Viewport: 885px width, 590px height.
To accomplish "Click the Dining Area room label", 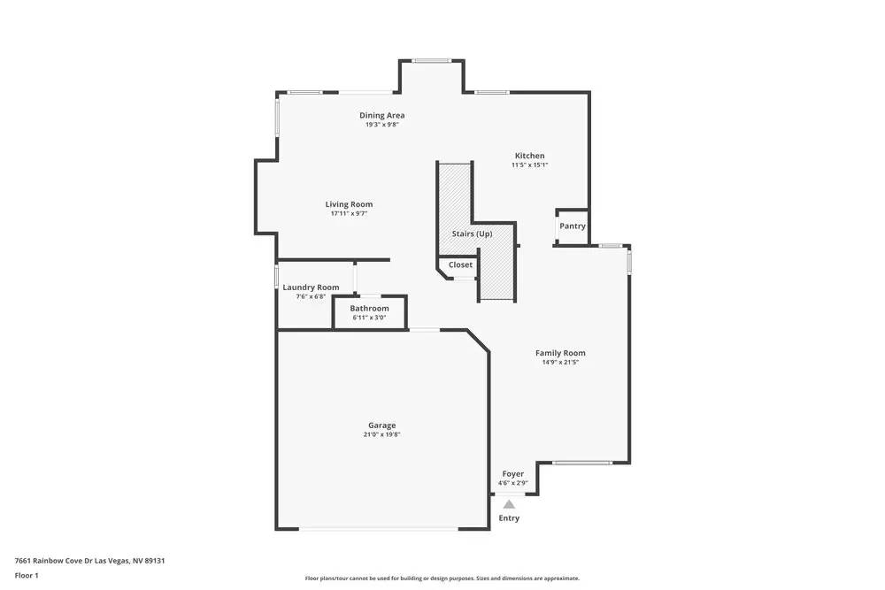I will [x=382, y=115].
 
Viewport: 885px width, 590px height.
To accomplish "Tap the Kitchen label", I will [x=530, y=156].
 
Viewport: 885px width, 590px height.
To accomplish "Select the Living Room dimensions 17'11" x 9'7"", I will [x=349, y=213].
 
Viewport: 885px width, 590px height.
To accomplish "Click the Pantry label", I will [x=573, y=226].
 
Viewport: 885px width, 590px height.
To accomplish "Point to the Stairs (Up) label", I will [x=472, y=234].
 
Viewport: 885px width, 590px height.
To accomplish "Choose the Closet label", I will [x=460, y=264].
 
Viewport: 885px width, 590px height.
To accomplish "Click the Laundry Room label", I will [x=311, y=287].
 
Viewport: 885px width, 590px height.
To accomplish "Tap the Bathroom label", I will [x=369, y=308].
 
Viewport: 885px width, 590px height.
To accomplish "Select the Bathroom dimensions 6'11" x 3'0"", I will [x=369, y=317].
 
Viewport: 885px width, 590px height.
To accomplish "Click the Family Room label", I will [x=560, y=353].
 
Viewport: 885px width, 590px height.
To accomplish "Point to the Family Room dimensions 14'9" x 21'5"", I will [x=560, y=362].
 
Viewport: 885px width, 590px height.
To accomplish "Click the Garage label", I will [x=382, y=425].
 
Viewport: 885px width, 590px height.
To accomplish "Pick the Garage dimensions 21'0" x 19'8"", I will [x=382, y=434].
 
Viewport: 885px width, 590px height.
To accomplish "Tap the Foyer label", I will [x=513, y=474].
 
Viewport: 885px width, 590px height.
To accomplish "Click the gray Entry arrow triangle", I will [x=509, y=503].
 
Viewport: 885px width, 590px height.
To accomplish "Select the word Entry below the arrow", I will [x=509, y=518].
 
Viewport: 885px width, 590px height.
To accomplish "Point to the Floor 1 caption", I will [x=27, y=575].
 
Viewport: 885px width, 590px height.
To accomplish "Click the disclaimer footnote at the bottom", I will [x=442, y=578].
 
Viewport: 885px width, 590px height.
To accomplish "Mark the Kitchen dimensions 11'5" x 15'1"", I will [x=530, y=165].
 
